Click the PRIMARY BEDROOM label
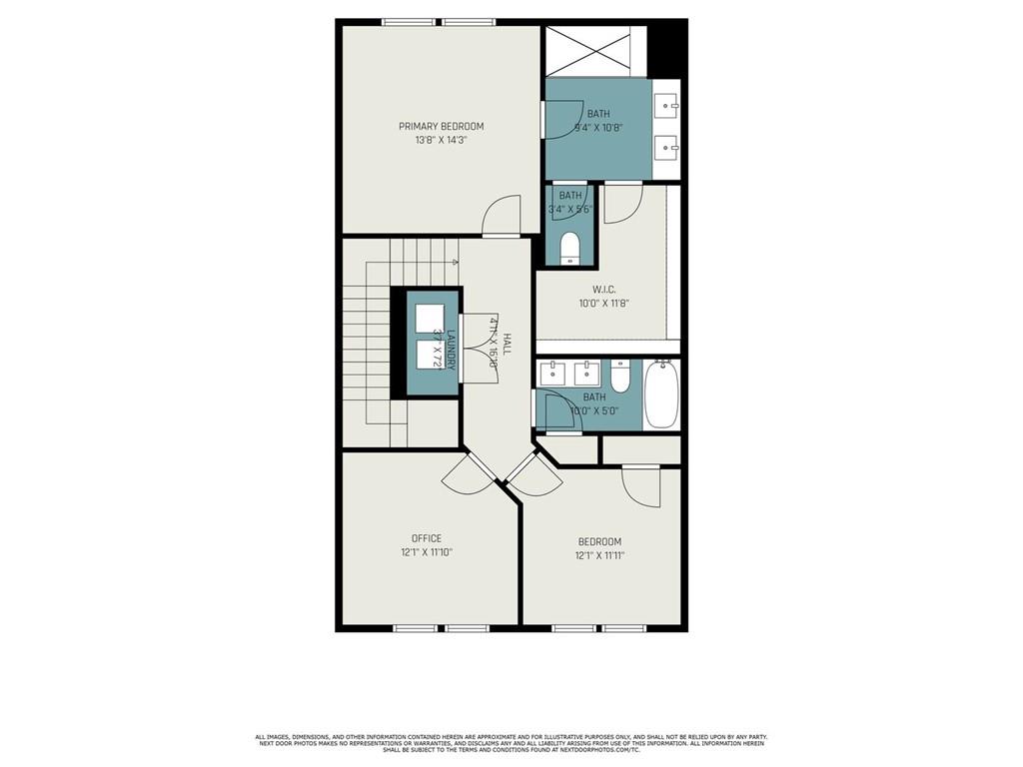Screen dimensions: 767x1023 tap(441, 126)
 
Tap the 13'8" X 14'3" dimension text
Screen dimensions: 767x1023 tap(441, 141)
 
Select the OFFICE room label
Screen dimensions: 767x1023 tap(427, 538)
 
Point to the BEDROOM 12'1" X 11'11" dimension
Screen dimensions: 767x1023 tap(599, 556)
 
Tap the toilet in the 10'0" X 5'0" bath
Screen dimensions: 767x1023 tap(619, 378)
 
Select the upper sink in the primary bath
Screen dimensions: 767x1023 tap(667, 103)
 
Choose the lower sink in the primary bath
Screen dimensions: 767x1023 tap(667, 149)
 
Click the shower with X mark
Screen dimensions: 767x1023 tap(588, 49)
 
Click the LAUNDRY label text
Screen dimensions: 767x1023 tap(452, 350)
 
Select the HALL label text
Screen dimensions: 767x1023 tap(507, 345)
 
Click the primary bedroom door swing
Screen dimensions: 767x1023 tap(502, 215)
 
